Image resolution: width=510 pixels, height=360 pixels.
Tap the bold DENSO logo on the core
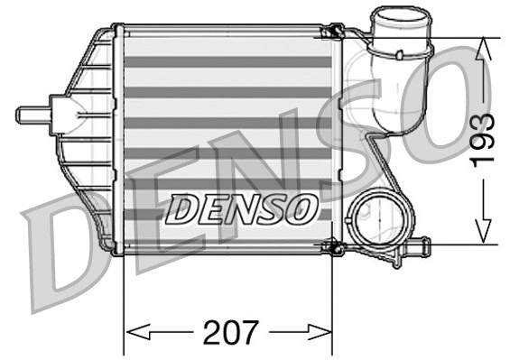241,209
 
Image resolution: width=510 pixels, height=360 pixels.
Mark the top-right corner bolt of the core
332,34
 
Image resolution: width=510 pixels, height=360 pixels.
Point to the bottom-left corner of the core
121,251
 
